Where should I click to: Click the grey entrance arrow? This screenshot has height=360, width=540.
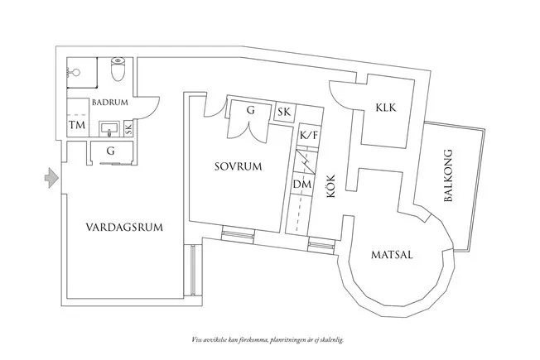[51, 178]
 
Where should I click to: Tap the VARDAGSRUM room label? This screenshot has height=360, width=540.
[124, 228]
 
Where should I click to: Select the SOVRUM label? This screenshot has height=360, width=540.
[239, 166]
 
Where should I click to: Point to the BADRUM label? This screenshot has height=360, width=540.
[110, 103]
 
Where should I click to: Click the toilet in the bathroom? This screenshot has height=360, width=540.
[118, 69]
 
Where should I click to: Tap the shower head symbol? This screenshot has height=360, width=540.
[74, 73]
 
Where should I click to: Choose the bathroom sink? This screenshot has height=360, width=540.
[108, 129]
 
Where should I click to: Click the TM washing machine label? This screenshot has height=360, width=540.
[77, 125]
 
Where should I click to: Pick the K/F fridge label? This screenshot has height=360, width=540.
[309, 135]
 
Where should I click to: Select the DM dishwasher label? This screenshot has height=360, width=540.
[302, 185]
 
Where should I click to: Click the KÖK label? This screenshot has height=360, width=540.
[331, 186]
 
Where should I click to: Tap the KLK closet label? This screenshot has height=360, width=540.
[386, 108]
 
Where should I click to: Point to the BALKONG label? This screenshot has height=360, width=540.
[448, 175]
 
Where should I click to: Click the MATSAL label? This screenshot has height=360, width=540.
[392, 255]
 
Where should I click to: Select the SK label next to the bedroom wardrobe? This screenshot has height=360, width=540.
[284, 112]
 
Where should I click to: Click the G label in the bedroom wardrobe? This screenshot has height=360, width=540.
[251, 110]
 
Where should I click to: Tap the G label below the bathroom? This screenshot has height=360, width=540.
[110, 151]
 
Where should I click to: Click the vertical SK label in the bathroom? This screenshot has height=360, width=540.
[128, 129]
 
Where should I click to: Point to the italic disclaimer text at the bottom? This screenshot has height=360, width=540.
[268, 340]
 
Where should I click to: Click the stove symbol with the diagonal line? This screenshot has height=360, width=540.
[307, 161]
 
